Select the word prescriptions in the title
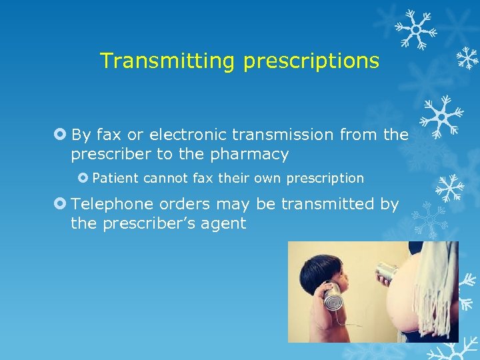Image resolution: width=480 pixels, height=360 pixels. pos(311,61)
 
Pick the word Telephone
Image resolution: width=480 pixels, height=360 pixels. pos(107,203)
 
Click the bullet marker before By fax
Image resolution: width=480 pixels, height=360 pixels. pos(61,135)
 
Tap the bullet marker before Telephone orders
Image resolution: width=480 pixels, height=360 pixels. pos(61,203)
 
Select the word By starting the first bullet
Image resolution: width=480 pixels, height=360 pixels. pos(81,135)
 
